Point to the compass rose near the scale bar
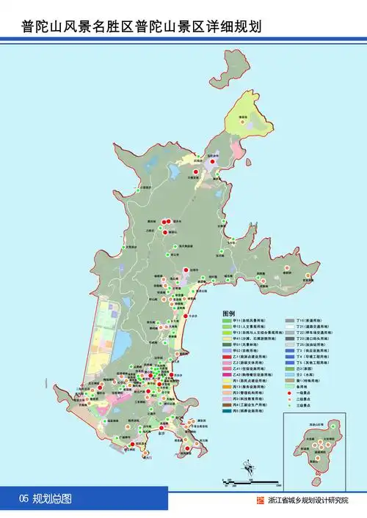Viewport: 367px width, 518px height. (246, 461)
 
